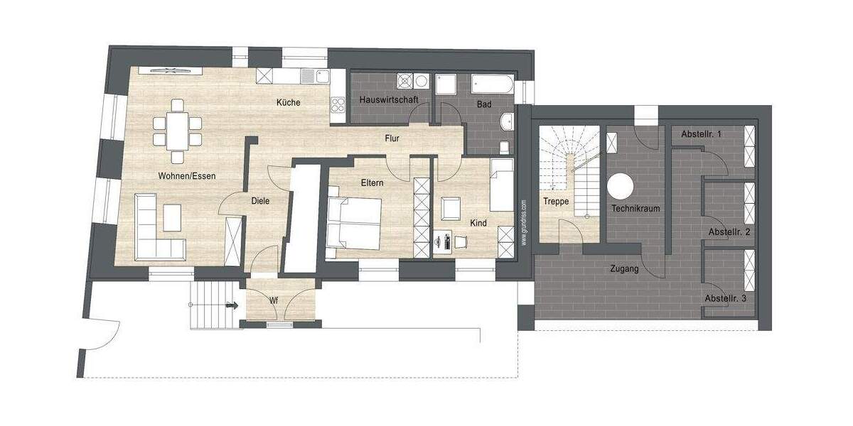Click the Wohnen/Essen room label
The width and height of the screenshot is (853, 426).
(x=188, y=175)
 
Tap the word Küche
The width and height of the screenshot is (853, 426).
(x=289, y=102)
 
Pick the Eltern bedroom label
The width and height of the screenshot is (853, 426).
(x=372, y=183)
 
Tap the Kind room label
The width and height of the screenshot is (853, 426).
(x=478, y=223)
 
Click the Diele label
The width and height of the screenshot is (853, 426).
(x=260, y=201)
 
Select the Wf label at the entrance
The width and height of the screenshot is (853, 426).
(x=274, y=300)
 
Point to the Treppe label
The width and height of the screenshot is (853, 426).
(x=556, y=202)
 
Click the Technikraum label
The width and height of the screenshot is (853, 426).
(x=636, y=209)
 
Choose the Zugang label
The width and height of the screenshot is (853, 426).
(x=624, y=269)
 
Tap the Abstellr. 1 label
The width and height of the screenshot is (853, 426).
(x=702, y=134)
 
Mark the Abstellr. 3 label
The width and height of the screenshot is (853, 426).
(x=725, y=299)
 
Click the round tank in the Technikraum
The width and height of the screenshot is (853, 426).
(x=620, y=186)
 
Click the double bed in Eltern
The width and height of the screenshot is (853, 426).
(x=354, y=222)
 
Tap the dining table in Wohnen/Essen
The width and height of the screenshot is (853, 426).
(x=177, y=130)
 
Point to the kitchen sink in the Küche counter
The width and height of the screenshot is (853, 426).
(x=311, y=75)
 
